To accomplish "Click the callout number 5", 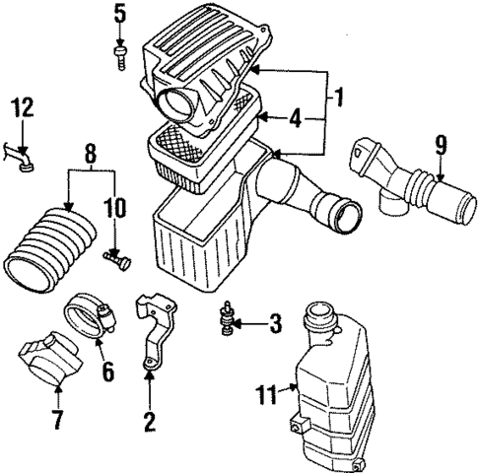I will (119, 15).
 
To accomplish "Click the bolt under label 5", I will (119, 54).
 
